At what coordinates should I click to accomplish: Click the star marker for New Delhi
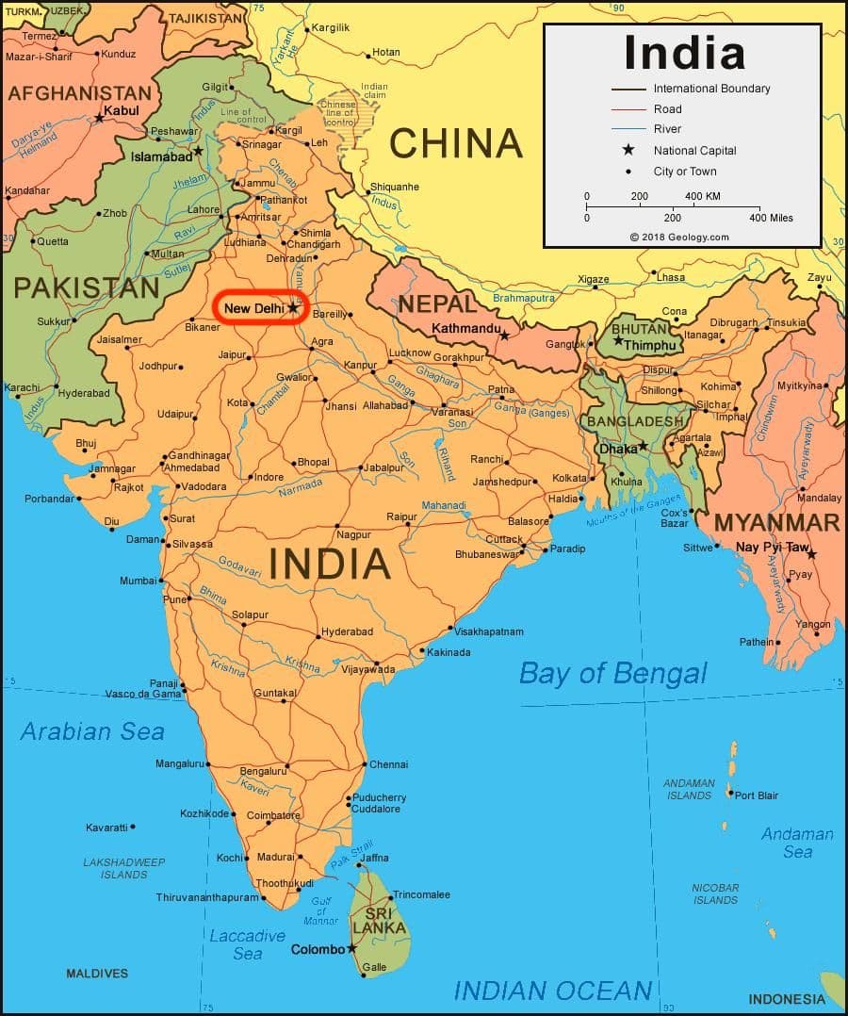click(293, 307)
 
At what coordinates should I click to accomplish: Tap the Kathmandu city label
click(465, 329)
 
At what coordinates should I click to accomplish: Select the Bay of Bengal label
click(612, 673)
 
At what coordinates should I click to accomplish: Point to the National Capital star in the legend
click(628, 151)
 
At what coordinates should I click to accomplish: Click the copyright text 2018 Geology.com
click(679, 237)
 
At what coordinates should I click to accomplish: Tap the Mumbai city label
click(138, 581)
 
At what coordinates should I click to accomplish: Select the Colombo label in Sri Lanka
click(318, 949)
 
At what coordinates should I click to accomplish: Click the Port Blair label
click(757, 795)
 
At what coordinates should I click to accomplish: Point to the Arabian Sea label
click(92, 731)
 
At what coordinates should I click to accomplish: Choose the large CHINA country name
click(455, 143)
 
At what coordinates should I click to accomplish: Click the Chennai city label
click(388, 764)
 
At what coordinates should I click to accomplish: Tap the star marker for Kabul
click(99, 118)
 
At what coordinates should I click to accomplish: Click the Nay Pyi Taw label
click(773, 548)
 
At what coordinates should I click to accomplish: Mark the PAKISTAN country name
click(86, 287)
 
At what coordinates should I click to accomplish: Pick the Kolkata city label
click(569, 478)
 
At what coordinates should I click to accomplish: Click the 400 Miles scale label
click(770, 218)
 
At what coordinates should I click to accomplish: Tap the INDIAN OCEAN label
click(552, 991)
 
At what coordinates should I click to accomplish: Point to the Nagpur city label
click(353, 534)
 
